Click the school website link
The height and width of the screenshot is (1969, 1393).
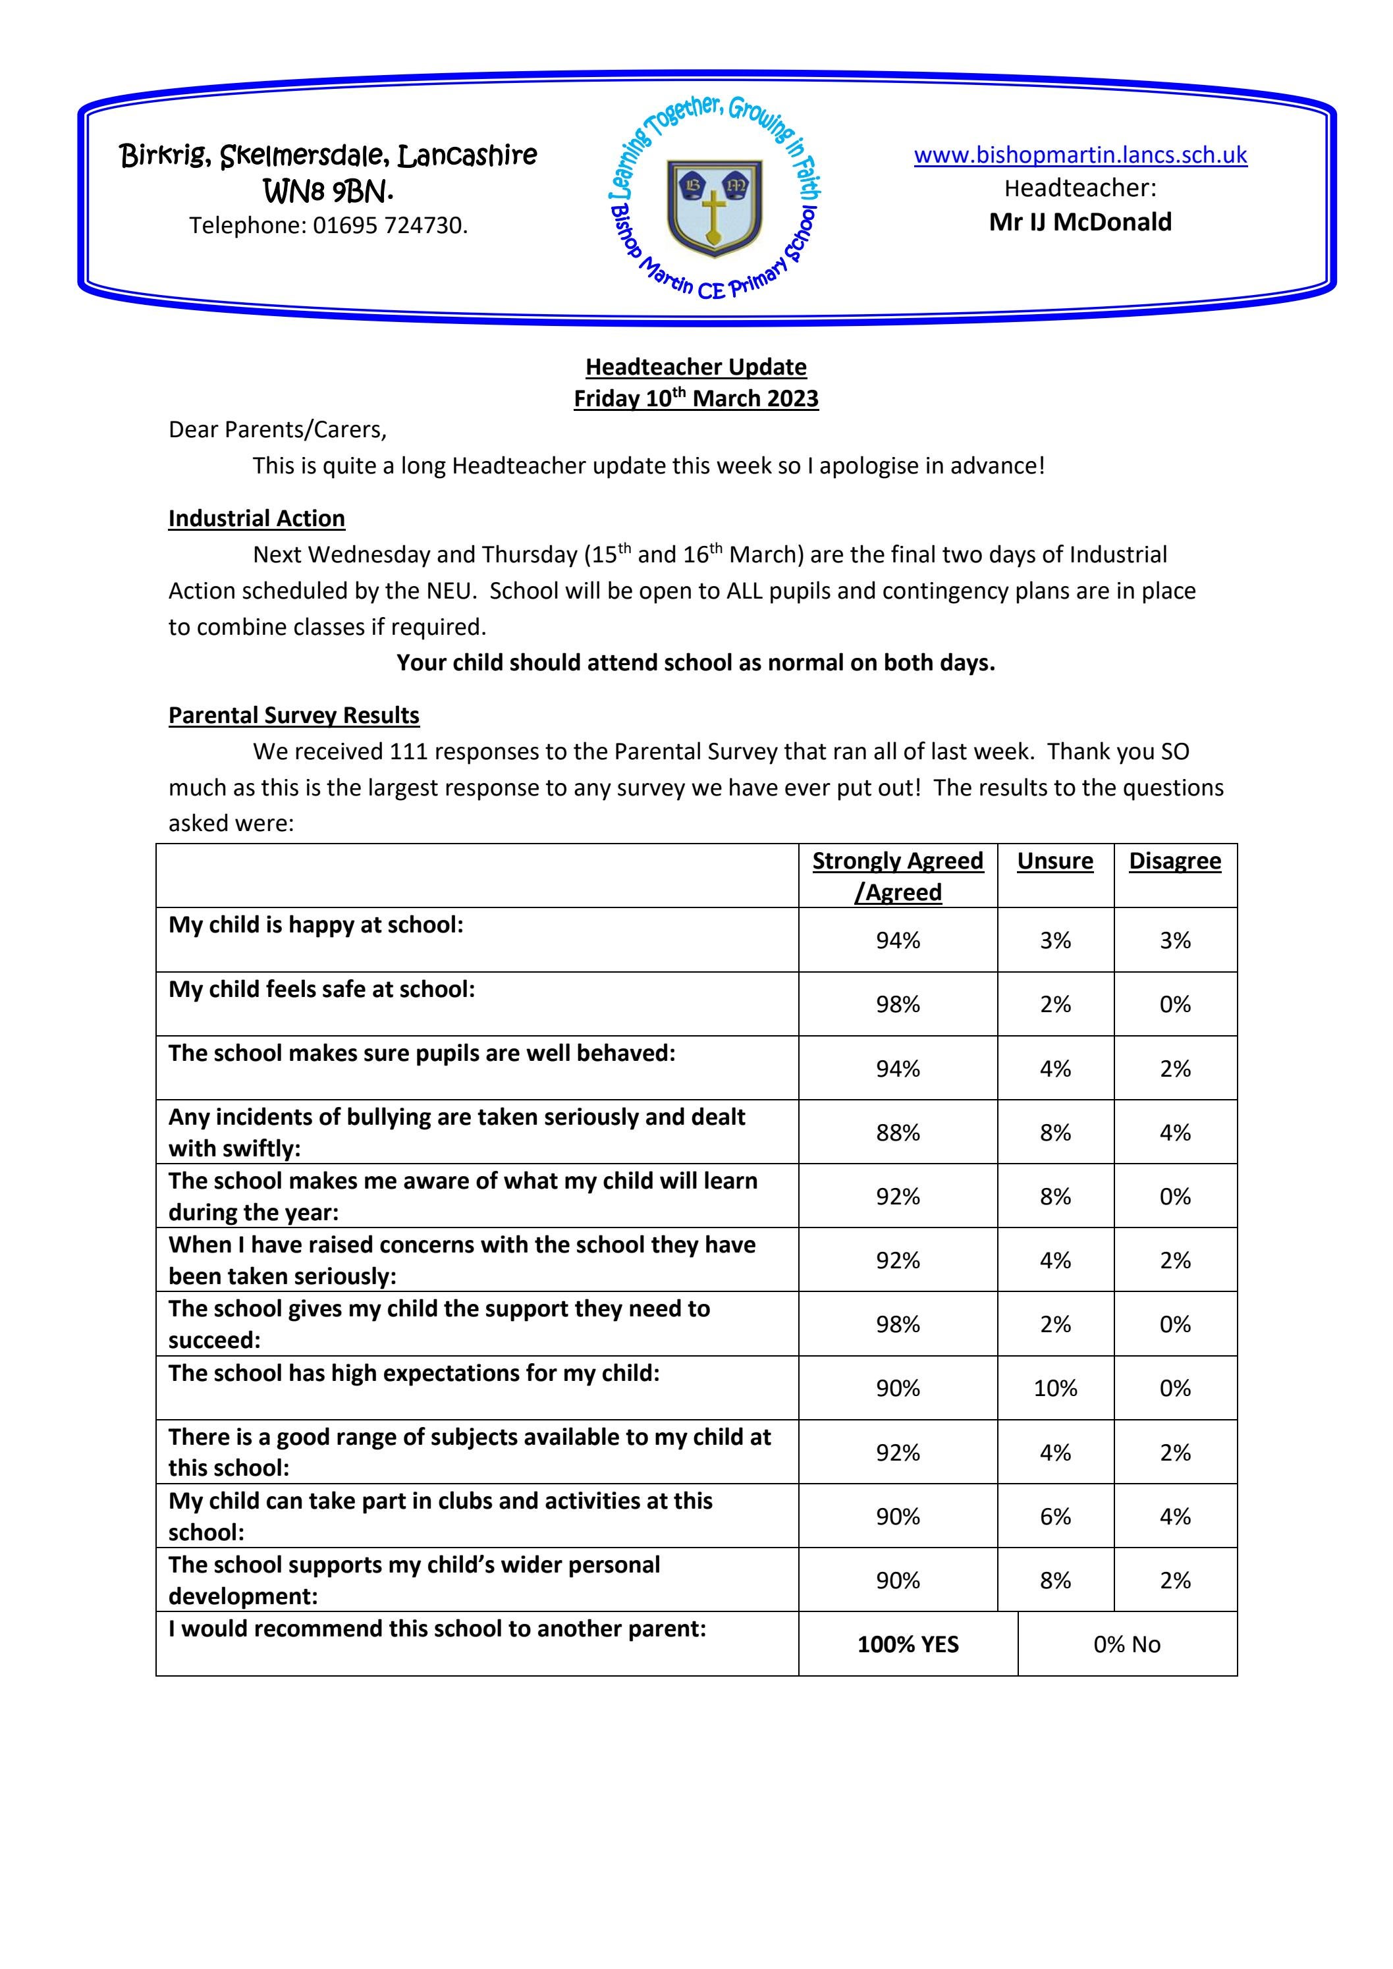pyautogui.click(x=1080, y=155)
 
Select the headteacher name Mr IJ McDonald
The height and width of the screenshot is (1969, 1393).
pyautogui.click(x=1080, y=222)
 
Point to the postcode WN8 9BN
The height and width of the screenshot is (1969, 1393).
pyautogui.click(x=329, y=190)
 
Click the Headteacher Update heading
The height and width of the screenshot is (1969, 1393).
pyautogui.click(x=696, y=367)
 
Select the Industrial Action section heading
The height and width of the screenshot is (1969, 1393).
pyautogui.click(x=256, y=519)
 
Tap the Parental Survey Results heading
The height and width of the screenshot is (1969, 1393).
pyautogui.click(x=293, y=715)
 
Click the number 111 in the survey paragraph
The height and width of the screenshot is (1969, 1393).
pyautogui.click(x=408, y=751)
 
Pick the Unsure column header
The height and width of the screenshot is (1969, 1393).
pyautogui.click(x=1055, y=861)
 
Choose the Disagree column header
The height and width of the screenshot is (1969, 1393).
pyautogui.click(x=1174, y=861)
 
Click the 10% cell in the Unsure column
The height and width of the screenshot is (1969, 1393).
pyautogui.click(x=1055, y=1388)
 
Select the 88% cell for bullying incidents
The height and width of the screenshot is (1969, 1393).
pyautogui.click(x=897, y=1133)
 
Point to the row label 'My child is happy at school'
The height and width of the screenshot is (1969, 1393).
pyautogui.click(x=315, y=925)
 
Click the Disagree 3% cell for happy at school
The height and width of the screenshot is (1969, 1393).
pyautogui.click(x=1174, y=941)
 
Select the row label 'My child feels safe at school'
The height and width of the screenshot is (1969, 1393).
pyautogui.click(x=321, y=990)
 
